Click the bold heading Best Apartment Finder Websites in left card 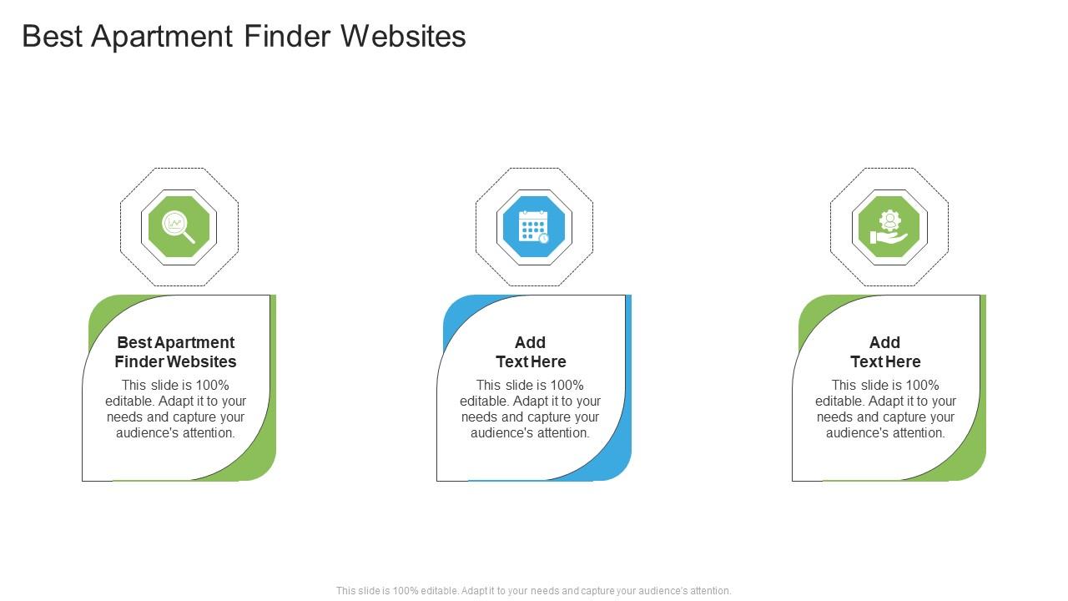176,352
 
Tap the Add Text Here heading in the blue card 531,352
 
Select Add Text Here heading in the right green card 885,352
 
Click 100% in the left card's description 213,386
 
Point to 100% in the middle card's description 567,386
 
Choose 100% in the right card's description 923,386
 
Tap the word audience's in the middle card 499,433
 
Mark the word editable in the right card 839,402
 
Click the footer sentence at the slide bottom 534,591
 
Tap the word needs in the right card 835,417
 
